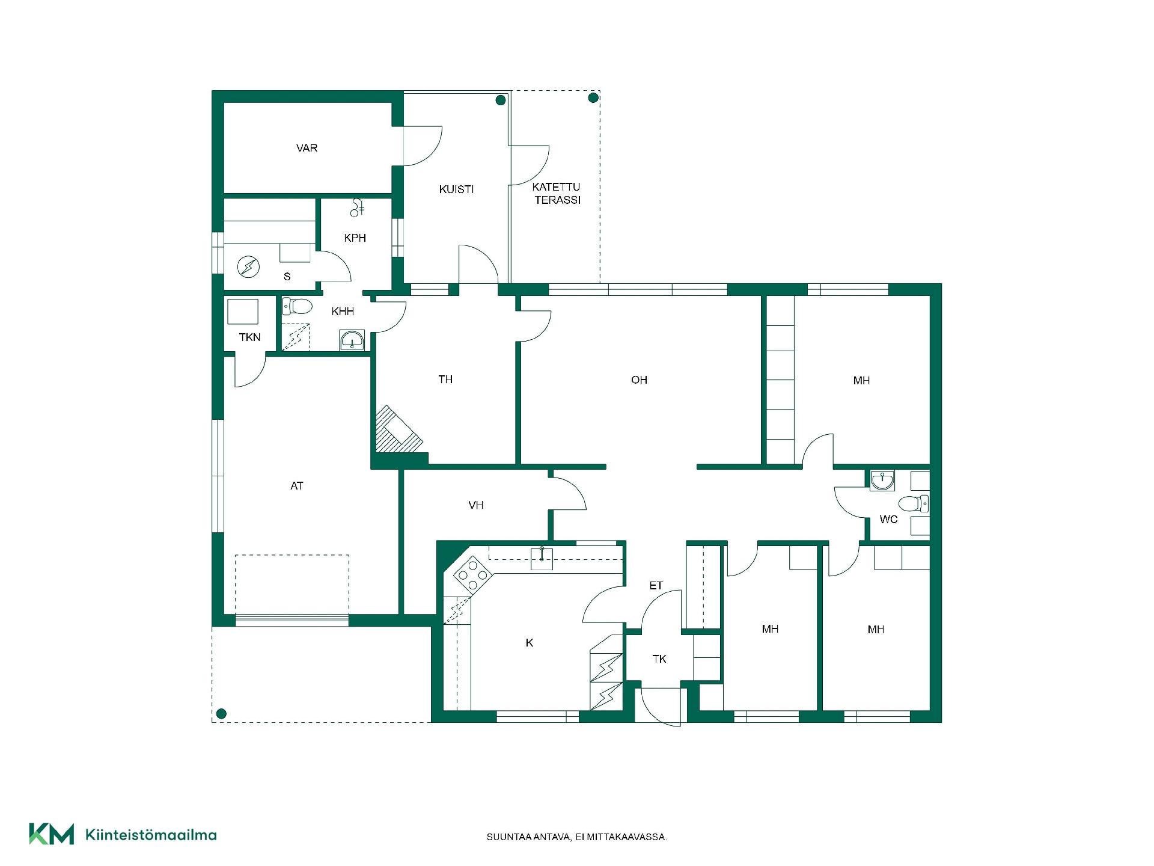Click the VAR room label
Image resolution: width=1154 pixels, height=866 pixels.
[x=307, y=148]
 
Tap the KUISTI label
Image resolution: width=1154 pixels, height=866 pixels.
[x=456, y=189]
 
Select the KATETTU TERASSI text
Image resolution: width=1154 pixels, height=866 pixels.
[x=557, y=194]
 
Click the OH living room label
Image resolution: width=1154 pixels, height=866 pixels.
[x=639, y=380]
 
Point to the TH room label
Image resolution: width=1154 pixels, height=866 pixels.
[x=445, y=379]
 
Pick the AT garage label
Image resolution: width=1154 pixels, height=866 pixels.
[x=297, y=486]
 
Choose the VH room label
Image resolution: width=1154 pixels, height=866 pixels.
[x=476, y=505]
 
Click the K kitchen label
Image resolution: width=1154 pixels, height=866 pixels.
[x=530, y=643]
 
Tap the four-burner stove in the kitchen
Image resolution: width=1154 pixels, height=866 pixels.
[x=473, y=574]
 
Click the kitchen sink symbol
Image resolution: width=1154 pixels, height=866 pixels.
[x=542, y=558]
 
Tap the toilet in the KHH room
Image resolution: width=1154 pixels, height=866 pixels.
[x=298, y=306]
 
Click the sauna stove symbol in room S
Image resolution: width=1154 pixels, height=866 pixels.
[x=248, y=266]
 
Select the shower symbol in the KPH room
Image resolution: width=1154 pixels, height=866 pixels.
[x=358, y=207]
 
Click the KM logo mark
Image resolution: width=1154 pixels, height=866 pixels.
[x=52, y=834]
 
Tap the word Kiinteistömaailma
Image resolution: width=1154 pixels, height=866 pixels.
[x=151, y=835]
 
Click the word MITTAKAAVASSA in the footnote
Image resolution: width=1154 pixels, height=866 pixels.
[x=632, y=837]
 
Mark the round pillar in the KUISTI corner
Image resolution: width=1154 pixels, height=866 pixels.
[x=501, y=100]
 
